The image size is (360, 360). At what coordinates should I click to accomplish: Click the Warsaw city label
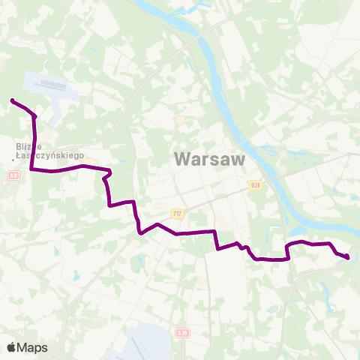click(199, 159)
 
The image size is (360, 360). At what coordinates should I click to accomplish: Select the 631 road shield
click(255, 184)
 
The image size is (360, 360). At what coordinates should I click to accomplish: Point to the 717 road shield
click(177, 214)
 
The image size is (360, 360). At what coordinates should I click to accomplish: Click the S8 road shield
click(13, 175)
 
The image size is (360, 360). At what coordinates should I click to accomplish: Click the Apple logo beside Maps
click(10, 347)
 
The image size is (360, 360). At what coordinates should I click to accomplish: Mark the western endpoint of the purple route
click(12, 100)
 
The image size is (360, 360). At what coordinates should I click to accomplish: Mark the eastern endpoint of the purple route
click(348, 258)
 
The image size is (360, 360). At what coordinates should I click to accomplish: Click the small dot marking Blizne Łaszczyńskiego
click(15, 157)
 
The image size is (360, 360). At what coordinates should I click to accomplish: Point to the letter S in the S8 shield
click(12, 175)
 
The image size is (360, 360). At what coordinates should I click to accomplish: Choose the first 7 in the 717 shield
click(174, 214)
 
